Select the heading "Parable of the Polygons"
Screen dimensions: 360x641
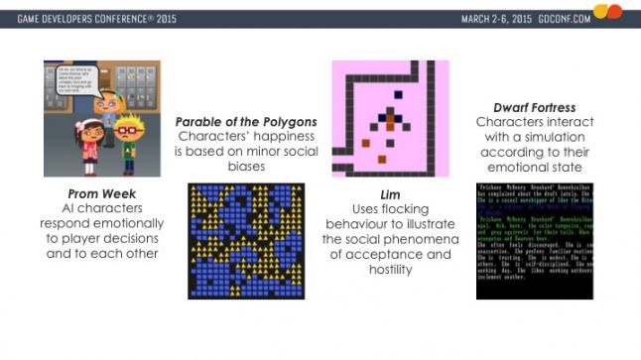[x=246, y=122]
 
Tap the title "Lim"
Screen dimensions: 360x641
[x=390, y=195]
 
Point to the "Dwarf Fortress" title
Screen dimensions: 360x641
[x=534, y=107]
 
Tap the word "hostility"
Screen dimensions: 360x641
[x=390, y=269]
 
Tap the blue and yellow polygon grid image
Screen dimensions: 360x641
[x=246, y=241]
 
